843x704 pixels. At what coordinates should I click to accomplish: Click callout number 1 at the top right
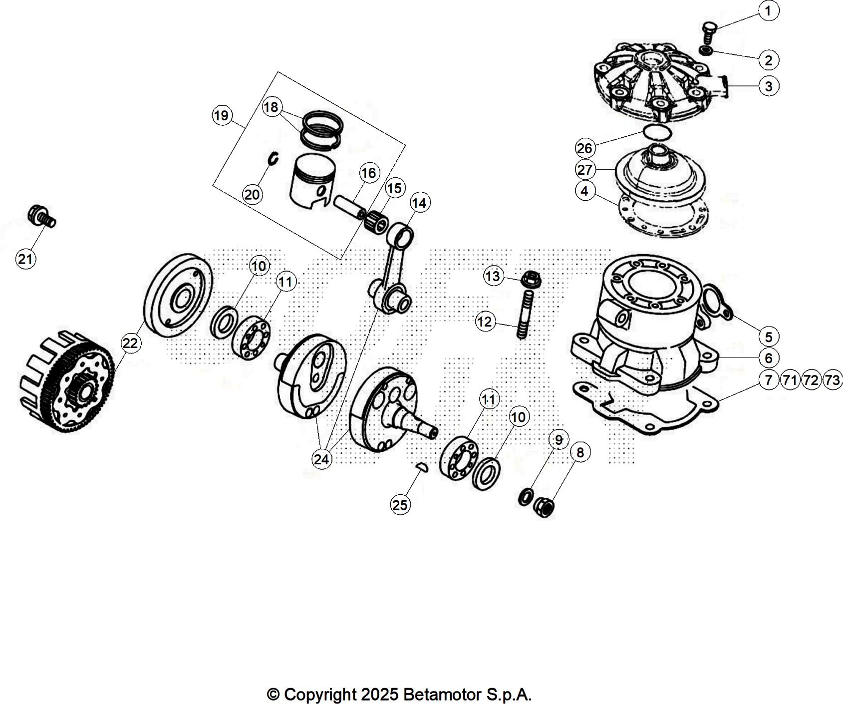click(768, 10)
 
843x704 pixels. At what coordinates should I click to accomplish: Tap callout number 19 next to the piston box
click(221, 116)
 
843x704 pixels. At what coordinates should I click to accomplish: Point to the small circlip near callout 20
click(273, 158)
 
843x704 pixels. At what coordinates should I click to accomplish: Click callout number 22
click(130, 343)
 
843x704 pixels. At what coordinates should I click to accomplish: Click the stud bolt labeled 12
click(526, 315)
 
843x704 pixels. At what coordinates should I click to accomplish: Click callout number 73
click(832, 380)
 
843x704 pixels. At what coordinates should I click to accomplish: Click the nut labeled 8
click(545, 508)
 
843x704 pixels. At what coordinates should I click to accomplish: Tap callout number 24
click(321, 459)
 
